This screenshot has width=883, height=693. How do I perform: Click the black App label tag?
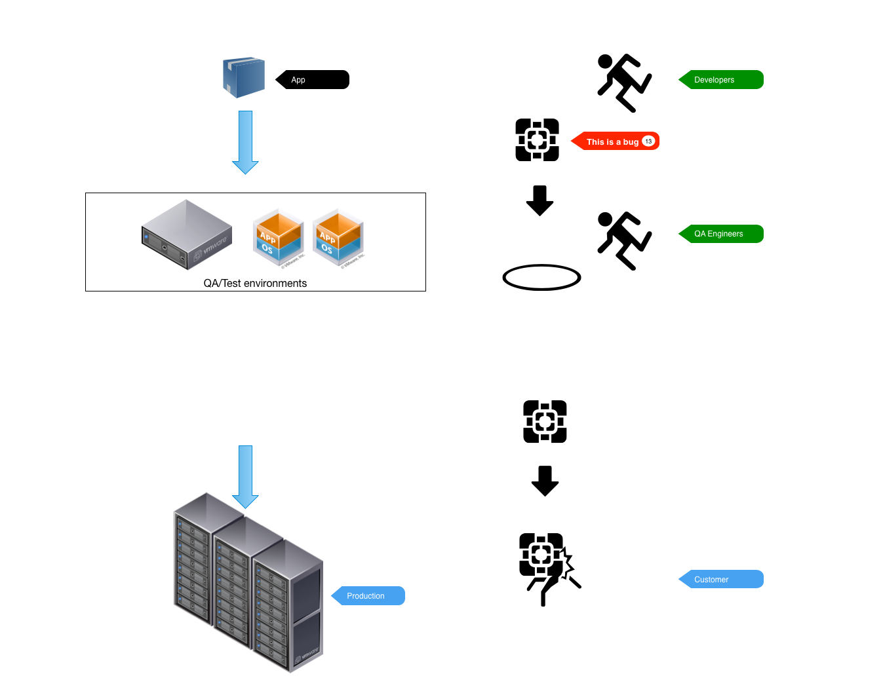tap(312, 79)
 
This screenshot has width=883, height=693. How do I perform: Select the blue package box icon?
tap(244, 77)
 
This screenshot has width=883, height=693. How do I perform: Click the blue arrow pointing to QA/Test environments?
tap(245, 143)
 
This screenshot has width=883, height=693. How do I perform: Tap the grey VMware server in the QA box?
tap(187, 234)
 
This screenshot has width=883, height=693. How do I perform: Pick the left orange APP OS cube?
tap(279, 238)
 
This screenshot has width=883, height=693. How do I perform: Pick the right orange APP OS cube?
tap(338, 238)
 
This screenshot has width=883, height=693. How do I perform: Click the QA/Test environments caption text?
tap(255, 283)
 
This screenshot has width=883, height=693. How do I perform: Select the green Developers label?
tap(721, 79)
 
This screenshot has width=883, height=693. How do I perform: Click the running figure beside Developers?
tap(625, 83)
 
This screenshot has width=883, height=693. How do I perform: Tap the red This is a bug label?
tap(615, 141)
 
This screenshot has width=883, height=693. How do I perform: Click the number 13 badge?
tap(648, 141)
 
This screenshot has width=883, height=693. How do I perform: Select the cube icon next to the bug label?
tap(537, 140)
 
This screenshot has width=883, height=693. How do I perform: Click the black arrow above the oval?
tap(540, 200)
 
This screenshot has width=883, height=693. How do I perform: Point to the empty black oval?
tap(541, 277)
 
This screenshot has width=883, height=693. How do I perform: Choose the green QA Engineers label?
tap(721, 234)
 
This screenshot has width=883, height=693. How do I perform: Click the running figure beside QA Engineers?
tap(625, 241)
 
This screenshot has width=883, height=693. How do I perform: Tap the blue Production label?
tap(368, 595)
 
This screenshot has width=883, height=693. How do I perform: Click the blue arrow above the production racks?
tap(245, 477)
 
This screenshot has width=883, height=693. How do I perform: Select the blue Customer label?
tap(721, 579)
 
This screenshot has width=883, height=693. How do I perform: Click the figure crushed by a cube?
tap(550, 570)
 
